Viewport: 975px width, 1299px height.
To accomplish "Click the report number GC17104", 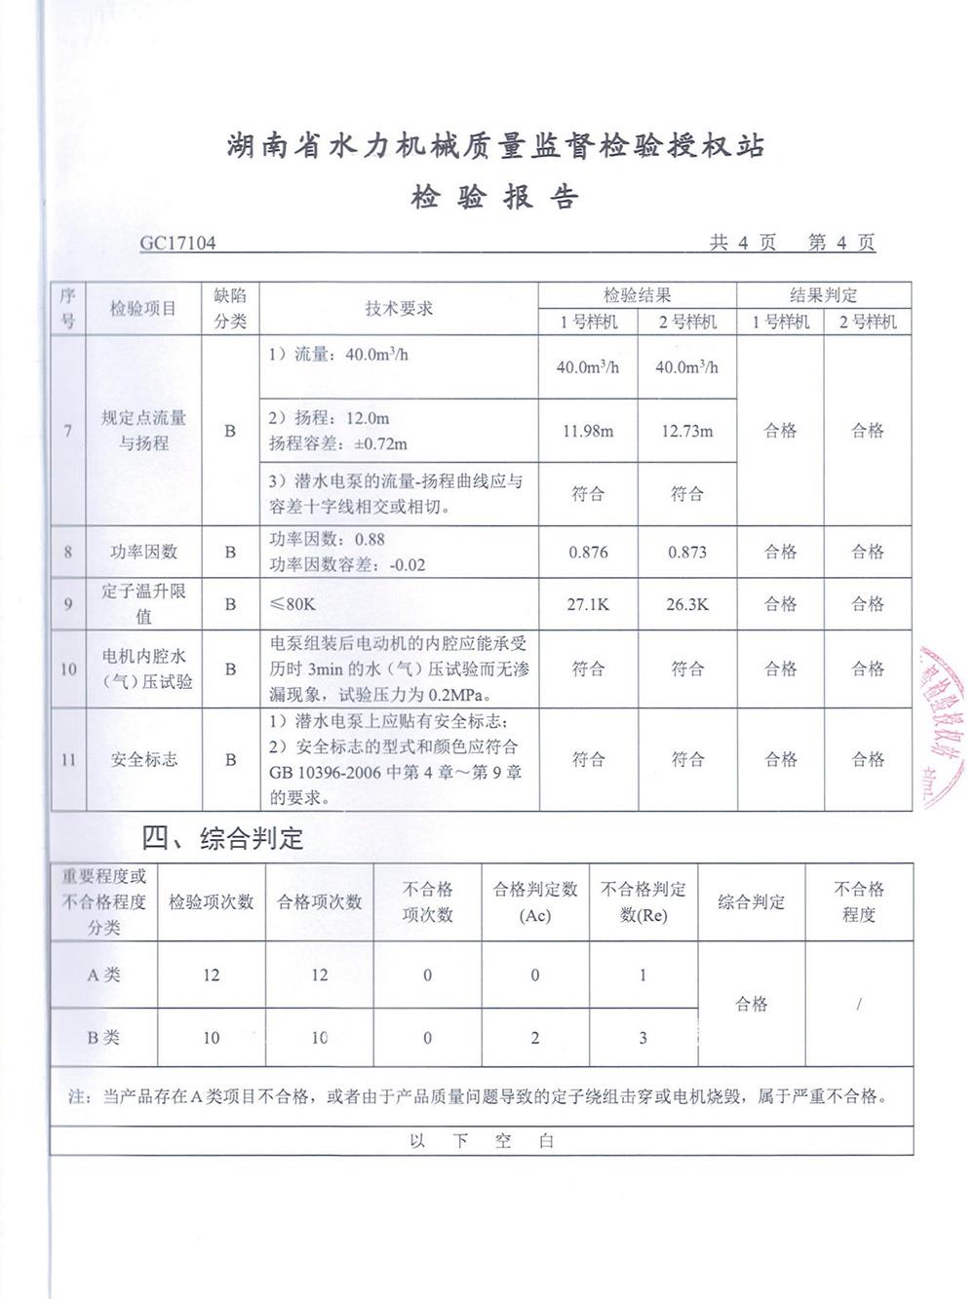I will pos(177,243).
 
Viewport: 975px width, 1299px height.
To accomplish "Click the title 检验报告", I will pos(494,197).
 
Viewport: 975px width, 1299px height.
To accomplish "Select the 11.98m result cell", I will pos(587,431).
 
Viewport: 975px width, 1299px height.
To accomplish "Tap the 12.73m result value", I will pos(686,431).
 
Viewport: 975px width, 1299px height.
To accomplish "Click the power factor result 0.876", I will pos(588,553).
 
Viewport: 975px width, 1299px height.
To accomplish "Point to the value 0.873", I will pos(686,553).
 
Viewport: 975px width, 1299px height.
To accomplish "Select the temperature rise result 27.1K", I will pos(588,604).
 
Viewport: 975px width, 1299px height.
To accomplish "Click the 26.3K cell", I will pos(686,604).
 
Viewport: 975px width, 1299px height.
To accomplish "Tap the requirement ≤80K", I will pos(292,604).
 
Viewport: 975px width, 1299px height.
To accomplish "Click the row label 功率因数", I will pos(143,553).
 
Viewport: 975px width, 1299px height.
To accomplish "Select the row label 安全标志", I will pos(143,759).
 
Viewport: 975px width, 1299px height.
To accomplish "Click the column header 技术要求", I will pos(399,309).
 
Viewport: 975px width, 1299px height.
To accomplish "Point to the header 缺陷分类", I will pos(230,309).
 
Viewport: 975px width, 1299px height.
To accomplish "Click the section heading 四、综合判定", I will pos(223,838).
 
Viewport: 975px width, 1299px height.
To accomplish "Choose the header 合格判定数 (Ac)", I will pos(535,902).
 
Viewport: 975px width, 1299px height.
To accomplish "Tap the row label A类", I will pos(103,974).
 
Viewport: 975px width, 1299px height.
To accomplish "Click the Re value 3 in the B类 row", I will pos(643,1038).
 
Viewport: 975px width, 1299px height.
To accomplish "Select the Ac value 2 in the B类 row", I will pos(535,1038).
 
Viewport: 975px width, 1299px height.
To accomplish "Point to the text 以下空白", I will pos(482,1141).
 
